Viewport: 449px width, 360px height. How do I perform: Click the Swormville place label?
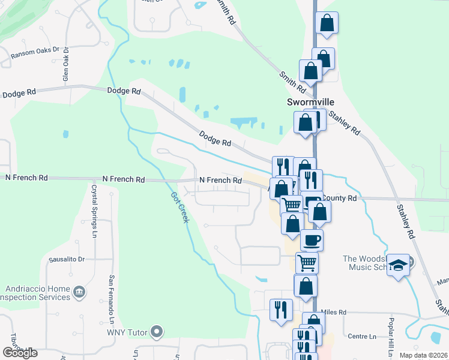pyautogui.click(x=306, y=103)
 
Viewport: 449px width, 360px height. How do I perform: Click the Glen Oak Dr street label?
pyautogui.click(x=66, y=65)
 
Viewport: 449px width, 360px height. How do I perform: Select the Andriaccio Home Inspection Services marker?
pyautogui.click(x=79, y=292)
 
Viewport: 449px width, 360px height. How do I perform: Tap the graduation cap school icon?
pyautogui.click(x=398, y=265)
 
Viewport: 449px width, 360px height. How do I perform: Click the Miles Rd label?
pyautogui.click(x=334, y=312)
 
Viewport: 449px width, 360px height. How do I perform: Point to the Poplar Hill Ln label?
pyautogui.click(x=391, y=335)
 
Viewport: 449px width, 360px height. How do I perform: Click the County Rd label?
pyautogui.click(x=340, y=197)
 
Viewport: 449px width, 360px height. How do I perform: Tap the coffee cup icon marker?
pyautogui.click(x=312, y=240)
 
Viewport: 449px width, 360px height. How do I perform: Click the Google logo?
pyautogui.click(x=19, y=353)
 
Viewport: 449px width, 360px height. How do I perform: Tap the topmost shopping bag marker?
pyautogui.click(x=327, y=23)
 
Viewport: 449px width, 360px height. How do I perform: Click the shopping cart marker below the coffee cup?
pyautogui.click(x=307, y=262)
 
